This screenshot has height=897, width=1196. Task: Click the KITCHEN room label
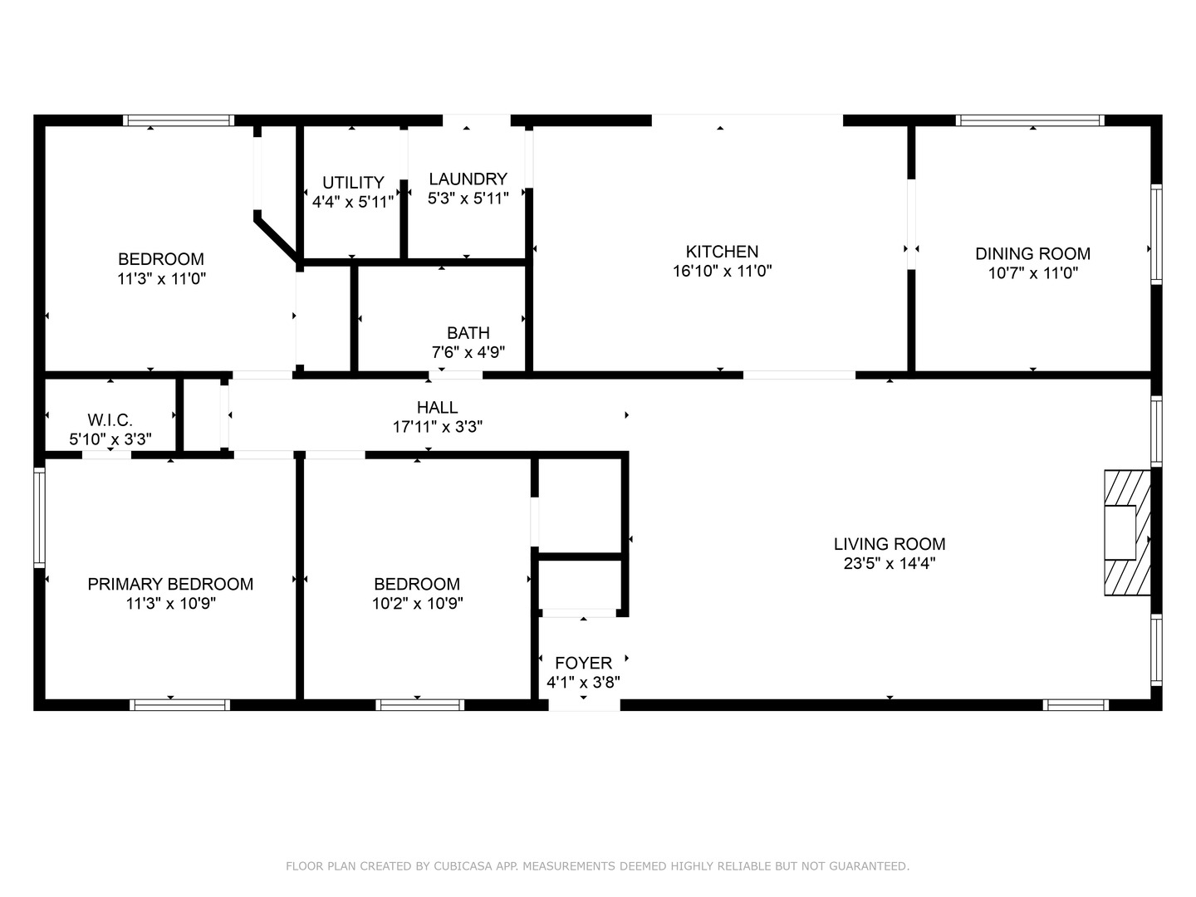722,252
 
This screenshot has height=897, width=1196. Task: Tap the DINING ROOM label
1032,254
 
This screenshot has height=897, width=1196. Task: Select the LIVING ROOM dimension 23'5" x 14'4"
890,563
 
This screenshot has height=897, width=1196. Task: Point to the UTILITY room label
353,183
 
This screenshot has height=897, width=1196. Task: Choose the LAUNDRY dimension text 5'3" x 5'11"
468,199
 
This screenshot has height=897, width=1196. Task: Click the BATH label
468,333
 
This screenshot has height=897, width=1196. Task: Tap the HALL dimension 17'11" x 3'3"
438,427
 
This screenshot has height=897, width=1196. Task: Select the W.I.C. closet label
110,420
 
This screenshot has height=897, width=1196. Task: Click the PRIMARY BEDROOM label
170,584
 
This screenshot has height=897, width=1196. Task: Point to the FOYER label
584,663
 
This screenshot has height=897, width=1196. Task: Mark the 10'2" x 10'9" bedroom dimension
418,604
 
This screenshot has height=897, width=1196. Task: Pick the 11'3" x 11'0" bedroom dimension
161,279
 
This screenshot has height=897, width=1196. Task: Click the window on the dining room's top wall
1030,120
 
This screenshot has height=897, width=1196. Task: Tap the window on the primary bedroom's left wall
39,517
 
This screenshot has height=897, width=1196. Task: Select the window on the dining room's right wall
1156,234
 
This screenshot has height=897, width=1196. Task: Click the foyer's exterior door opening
584,705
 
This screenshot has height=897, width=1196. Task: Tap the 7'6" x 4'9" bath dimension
468,352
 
